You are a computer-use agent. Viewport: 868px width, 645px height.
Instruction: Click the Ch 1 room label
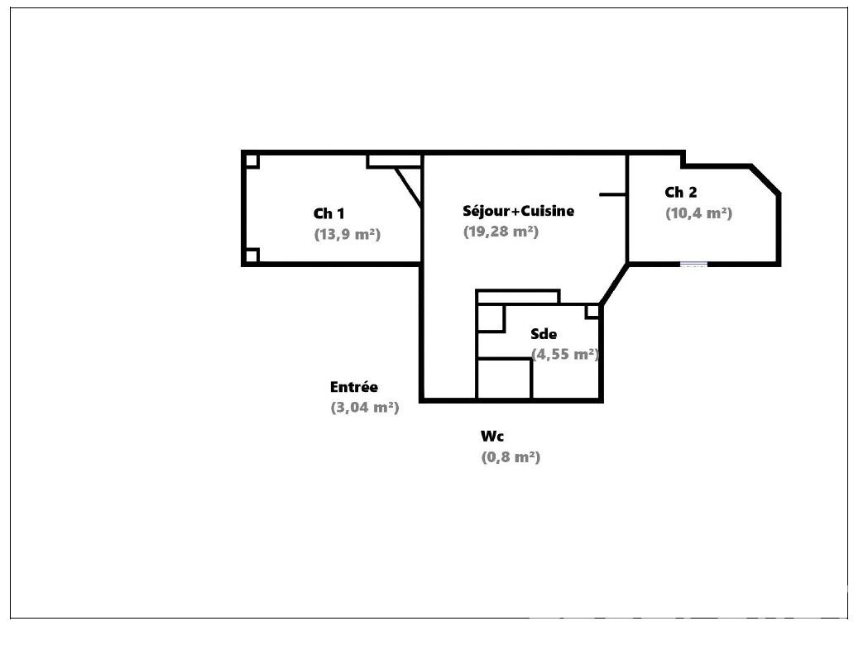pyautogui.click(x=328, y=213)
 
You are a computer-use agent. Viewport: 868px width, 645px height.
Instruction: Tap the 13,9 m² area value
pyautogui.click(x=348, y=235)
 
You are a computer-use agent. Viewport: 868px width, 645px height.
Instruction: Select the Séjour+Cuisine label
pyautogui.click(x=518, y=211)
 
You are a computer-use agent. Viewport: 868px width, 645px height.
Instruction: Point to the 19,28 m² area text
pyautogui.click(x=501, y=232)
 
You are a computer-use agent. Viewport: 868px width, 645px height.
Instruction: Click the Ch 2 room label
pyautogui.click(x=681, y=193)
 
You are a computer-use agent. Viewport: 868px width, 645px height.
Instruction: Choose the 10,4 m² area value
pyautogui.click(x=698, y=213)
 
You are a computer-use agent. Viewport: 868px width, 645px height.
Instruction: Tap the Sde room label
pyautogui.click(x=544, y=334)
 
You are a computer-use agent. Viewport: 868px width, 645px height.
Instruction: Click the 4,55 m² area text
pyautogui.click(x=565, y=355)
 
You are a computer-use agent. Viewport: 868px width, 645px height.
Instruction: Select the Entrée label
pyautogui.click(x=353, y=387)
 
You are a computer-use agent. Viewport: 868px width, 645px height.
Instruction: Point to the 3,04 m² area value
pyautogui.click(x=365, y=408)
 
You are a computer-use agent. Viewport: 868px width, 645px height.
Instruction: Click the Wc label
pyautogui.click(x=492, y=437)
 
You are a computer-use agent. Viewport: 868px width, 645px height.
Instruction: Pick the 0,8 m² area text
pyautogui.click(x=511, y=457)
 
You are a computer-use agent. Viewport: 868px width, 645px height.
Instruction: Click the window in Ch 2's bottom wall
pyautogui.click(x=693, y=265)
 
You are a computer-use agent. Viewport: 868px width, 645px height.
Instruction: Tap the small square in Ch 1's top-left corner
pyautogui.click(x=252, y=161)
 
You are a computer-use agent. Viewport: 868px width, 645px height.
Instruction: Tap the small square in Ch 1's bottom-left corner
pyautogui.click(x=252, y=256)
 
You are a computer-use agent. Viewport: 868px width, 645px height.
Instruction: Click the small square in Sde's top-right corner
pyautogui.click(x=592, y=312)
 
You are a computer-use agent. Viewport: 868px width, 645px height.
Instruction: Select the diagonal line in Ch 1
pyautogui.click(x=409, y=188)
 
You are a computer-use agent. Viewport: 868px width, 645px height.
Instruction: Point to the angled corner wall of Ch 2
pyautogui.click(x=765, y=179)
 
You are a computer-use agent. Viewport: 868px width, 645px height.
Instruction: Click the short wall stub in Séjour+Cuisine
pyautogui.click(x=613, y=194)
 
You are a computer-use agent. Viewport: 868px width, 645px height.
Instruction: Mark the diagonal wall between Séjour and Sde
pyautogui.click(x=615, y=284)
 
